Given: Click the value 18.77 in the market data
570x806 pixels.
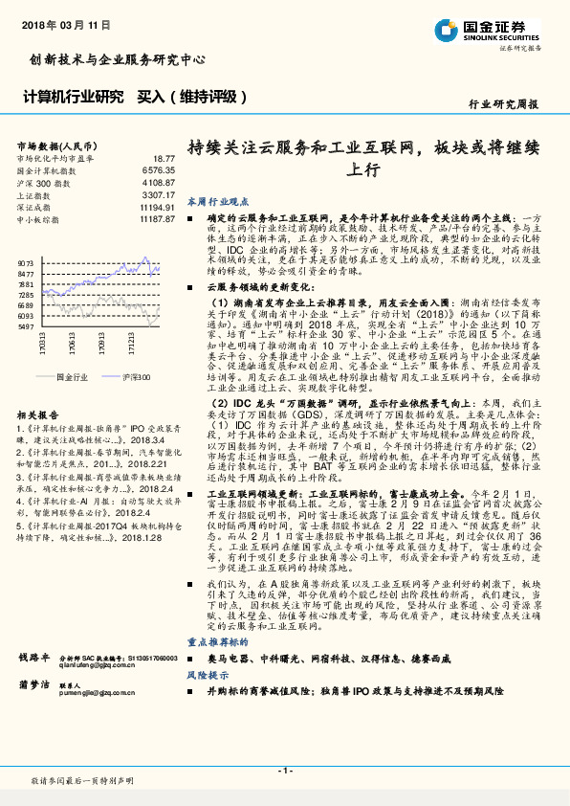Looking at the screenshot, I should [164, 158].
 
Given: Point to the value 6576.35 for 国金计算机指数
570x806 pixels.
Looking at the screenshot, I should [158, 169].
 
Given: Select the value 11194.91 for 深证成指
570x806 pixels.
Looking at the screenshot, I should [156, 207].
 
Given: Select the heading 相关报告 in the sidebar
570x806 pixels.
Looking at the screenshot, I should [38, 414].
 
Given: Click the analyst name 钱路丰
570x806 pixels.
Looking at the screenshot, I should [34, 659].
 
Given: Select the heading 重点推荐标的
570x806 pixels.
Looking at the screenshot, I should [218, 646].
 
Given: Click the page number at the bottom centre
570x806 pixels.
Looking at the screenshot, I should [284, 771].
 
